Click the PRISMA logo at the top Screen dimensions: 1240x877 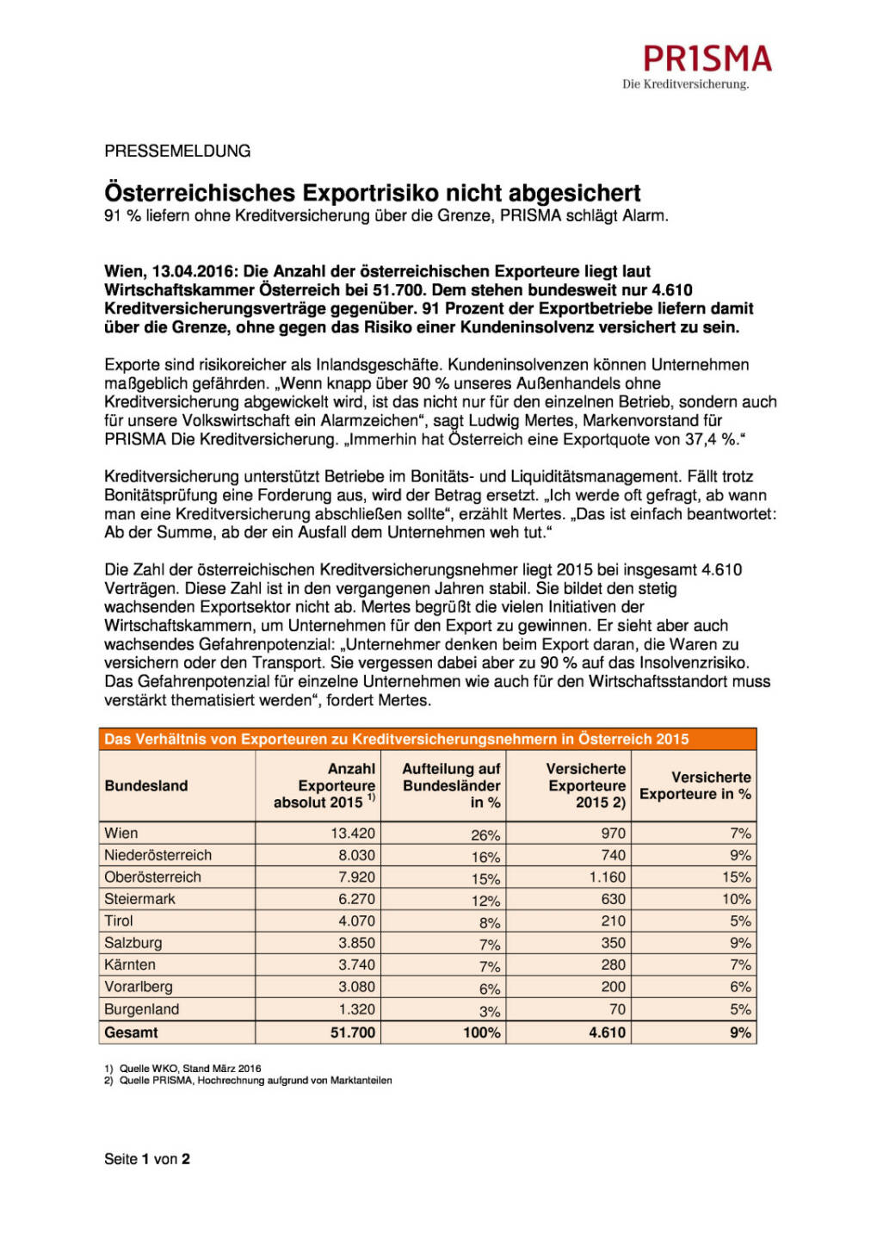pos(707,59)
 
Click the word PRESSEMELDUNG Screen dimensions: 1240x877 pos(177,151)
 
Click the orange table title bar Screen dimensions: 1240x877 pos(427,739)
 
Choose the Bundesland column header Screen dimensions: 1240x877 pos(146,785)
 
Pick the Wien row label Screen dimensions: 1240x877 pos(121,833)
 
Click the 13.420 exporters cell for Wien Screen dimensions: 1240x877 pos(353,833)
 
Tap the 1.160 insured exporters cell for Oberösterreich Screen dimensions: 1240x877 pos(607,877)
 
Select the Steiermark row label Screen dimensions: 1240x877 pos(139,898)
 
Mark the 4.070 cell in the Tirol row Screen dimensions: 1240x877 pos(356,921)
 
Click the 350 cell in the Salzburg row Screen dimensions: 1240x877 pos(613,942)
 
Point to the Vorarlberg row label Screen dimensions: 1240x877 pos(139,986)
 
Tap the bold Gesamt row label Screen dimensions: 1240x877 pos(131,1032)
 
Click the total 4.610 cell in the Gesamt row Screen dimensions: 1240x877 pos(607,1032)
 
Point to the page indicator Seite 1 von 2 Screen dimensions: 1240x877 pos(147,1159)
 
